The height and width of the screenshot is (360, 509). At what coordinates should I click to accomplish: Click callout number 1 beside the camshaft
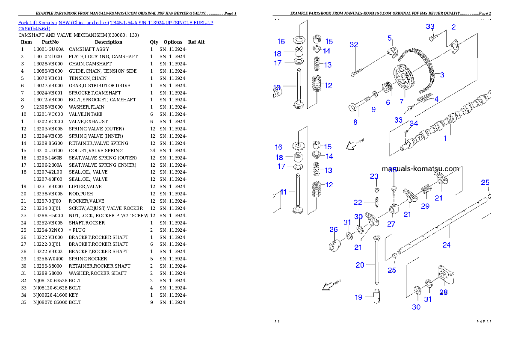click(x=445, y=139)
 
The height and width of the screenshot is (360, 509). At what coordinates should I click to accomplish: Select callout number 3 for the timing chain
click(x=442, y=75)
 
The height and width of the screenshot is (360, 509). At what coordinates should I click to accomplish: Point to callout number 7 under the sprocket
click(x=402, y=101)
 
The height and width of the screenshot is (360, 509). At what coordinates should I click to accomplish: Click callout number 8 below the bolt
click(x=355, y=122)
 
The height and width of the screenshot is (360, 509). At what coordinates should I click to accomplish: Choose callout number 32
click(x=354, y=44)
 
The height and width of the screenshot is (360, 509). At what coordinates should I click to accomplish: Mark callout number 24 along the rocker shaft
click(x=447, y=245)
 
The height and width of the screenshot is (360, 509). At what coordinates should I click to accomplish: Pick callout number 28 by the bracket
click(x=444, y=293)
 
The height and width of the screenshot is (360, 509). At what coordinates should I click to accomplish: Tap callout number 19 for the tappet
click(x=358, y=297)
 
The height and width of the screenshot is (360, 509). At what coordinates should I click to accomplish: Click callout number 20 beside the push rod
click(x=360, y=265)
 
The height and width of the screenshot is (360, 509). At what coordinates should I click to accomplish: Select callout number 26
click(x=334, y=230)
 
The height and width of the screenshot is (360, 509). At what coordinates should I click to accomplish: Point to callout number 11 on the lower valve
click(x=284, y=192)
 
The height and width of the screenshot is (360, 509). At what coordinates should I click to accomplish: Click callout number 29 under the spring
click(x=425, y=206)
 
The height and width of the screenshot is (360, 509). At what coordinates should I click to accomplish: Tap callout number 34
click(x=413, y=124)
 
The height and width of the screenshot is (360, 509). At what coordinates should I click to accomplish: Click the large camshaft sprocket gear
click(x=402, y=77)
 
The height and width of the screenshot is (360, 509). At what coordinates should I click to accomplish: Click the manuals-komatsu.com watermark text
click(x=420, y=168)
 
